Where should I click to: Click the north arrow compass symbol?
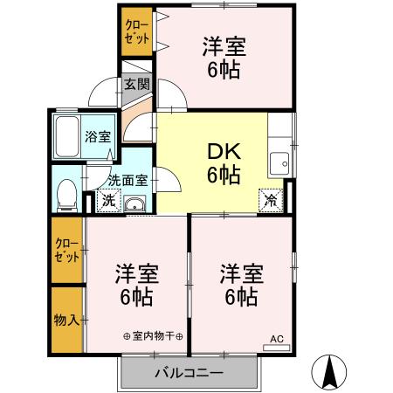pyautogui.click(x=331, y=372)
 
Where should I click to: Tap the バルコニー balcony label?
pyautogui.click(x=190, y=373)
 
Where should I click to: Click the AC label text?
pyautogui.click(x=276, y=339)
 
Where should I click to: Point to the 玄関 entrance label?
pyautogui.click(x=136, y=85)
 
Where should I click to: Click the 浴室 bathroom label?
pyautogui.click(x=97, y=137)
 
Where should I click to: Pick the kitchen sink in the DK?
pyautogui.click(x=280, y=162)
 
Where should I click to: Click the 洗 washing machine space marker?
pyautogui.click(x=107, y=200)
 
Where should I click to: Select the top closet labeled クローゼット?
pyautogui.click(x=135, y=32)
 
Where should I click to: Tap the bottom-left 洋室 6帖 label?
pyautogui.click(x=135, y=285)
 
